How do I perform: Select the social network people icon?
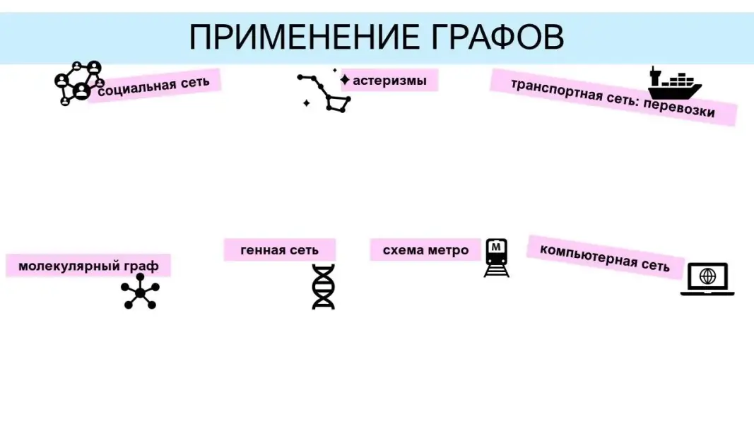point(78,83)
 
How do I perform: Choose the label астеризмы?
point(389,81)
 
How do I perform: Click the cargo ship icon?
point(673,83)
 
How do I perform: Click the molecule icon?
point(140,292)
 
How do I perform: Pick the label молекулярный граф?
point(88,266)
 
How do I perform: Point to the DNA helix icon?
point(324,287)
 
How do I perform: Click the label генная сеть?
point(279,250)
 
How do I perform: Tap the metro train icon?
point(497,258)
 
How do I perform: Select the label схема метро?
point(425,250)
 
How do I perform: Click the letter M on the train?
point(497,247)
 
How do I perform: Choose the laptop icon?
point(707,278)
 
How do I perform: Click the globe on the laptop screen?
point(707,276)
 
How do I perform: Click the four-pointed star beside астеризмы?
point(345,80)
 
